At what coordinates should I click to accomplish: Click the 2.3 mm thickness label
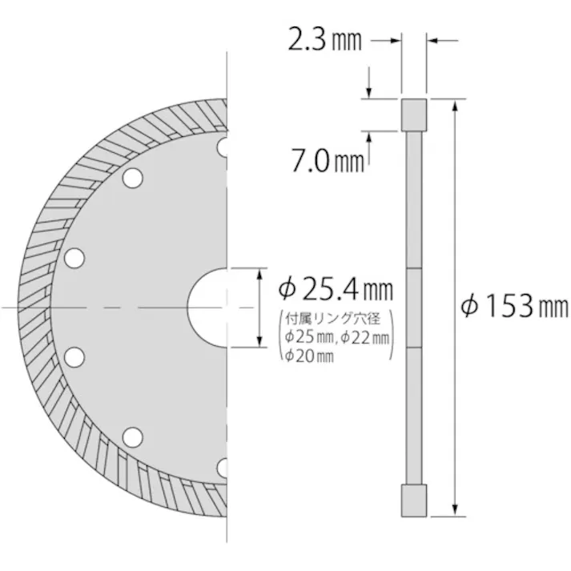point(325,39)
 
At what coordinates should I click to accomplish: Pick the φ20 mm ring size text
point(308,356)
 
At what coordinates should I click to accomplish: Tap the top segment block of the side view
point(413,114)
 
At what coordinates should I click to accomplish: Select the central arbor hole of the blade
point(210,308)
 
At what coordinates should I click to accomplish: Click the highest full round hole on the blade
point(132,179)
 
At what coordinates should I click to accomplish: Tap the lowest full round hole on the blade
point(132,436)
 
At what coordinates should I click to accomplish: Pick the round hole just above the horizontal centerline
point(74,258)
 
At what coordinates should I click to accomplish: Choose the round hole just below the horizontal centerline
point(74,356)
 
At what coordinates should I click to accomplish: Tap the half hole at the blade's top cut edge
point(223,147)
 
